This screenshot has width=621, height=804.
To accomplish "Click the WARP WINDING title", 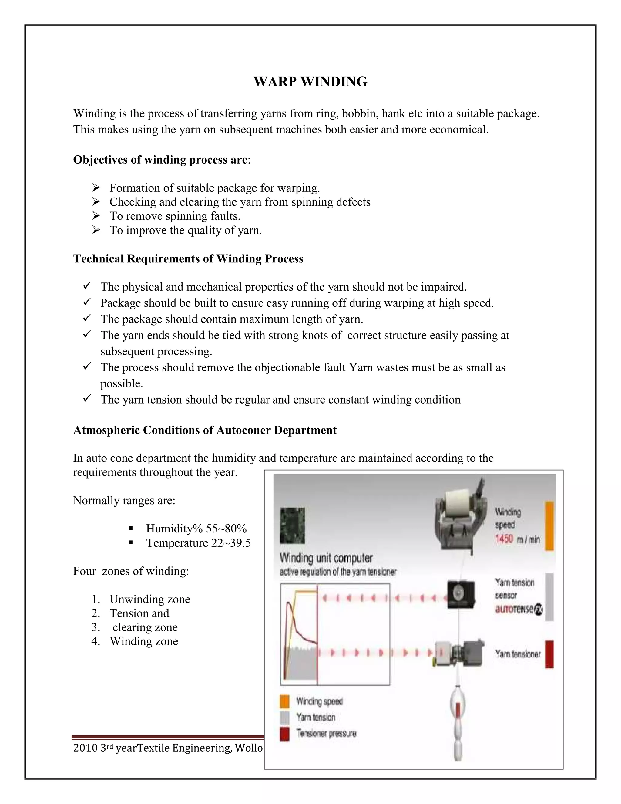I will [310, 82].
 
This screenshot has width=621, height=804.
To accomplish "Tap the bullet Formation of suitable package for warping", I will [214, 188].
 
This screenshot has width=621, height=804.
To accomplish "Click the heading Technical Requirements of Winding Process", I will [188, 259].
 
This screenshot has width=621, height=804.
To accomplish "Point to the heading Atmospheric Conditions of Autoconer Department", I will [205, 430].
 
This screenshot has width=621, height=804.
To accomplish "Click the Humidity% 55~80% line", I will [196, 529].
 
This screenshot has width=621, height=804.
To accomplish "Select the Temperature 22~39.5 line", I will [198, 543].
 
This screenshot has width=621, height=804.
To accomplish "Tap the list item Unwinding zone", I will [150, 599].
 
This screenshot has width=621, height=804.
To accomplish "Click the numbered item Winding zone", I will [144, 641].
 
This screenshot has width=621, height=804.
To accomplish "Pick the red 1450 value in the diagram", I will [504, 540].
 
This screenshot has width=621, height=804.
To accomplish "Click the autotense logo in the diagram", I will [518, 609].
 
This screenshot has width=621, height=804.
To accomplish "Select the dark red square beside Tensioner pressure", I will [284, 734].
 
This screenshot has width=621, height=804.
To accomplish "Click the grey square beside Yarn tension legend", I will [284, 718].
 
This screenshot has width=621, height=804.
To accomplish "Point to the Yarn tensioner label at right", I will [518, 654].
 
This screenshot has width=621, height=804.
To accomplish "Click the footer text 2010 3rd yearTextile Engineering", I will [168, 748].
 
